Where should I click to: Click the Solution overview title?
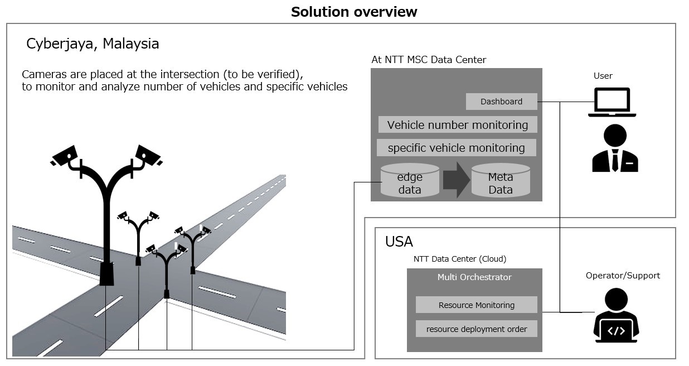(354, 12)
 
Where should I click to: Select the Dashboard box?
(501, 102)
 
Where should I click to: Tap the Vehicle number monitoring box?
(457, 125)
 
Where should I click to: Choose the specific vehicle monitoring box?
(456, 148)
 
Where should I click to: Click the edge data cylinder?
(410, 181)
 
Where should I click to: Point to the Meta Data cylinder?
(500, 181)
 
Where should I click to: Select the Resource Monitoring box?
(476, 305)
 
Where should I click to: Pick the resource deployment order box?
(476, 329)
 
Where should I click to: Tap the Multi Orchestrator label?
(474, 277)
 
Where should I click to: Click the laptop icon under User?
(612, 102)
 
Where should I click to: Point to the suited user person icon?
(615, 148)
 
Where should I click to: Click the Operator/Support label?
(623, 276)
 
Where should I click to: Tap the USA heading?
(399, 242)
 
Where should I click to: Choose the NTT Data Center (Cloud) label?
(459, 259)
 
